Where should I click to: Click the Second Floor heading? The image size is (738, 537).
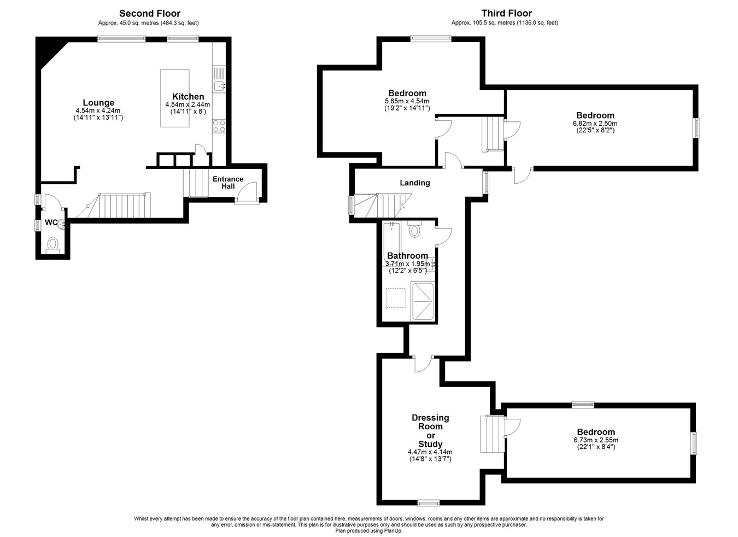coord(150,14)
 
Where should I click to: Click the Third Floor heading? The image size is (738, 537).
coord(506,14)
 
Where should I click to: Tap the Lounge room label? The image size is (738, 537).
coord(98,102)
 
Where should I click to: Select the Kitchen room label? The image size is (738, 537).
coord(188,97)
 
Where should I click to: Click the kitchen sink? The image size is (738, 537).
coord(219,86)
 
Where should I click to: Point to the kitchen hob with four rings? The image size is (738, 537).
coord(219,126)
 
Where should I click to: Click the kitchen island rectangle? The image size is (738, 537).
coord(174,98)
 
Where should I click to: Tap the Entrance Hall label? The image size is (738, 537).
coord(228,183)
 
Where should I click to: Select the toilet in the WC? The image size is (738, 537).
coord(52,246)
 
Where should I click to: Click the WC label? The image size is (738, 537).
coord(51,223)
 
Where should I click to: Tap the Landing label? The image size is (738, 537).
coord(415,183)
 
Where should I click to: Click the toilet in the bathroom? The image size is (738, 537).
coord(414,229)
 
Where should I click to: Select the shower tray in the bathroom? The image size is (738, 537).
coord(423,301)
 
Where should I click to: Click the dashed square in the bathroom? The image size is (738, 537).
coord(396,298)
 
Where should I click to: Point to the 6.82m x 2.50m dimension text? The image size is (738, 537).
coord(595,123)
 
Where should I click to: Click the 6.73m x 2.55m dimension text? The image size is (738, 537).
coord(596,440)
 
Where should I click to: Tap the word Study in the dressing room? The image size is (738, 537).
coord(430,443)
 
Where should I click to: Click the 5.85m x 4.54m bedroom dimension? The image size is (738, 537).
coord(407,101)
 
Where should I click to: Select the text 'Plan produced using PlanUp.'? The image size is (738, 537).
coord(368,531)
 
